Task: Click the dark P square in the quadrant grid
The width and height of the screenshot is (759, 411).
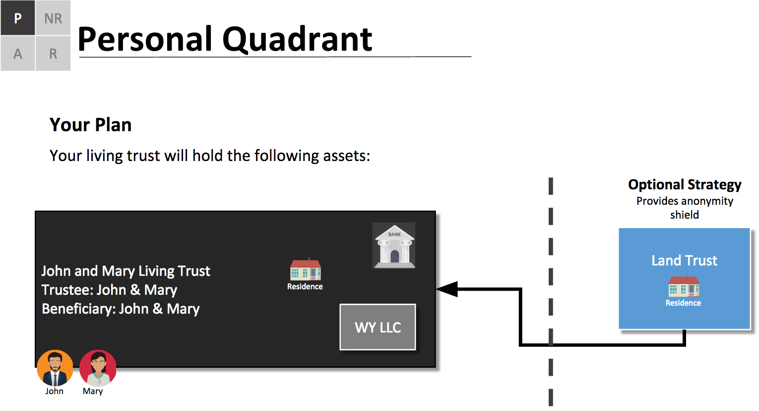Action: coord(18,18)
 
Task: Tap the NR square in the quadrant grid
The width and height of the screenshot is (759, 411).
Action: coord(53,18)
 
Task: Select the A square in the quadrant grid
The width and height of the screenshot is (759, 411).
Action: coord(18,53)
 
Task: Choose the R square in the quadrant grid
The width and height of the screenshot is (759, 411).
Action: coord(53,53)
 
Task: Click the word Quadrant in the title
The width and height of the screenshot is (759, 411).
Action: coord(297,40)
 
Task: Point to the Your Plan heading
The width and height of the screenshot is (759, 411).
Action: coord(90,125)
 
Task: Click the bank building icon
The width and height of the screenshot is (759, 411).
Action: coord(394,246)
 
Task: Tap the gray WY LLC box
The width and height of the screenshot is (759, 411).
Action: coord(378,327)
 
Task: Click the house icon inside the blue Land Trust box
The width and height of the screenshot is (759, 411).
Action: coord(684,286)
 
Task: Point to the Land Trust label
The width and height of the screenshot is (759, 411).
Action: coord(684,260)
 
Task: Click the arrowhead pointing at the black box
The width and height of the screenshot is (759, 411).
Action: coord(447,289)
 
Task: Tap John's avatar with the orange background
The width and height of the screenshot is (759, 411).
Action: coord(55,368)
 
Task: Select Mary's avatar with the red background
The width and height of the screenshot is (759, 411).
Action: coord(98,368)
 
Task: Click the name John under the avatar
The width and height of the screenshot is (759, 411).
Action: coord(54,391)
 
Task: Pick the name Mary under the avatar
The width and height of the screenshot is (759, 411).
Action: coord(92,391)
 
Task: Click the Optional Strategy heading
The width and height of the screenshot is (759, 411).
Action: coord(685,185)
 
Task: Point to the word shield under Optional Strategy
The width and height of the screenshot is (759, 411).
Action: coord(685,215)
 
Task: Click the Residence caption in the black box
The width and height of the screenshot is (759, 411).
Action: coord(305,286)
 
